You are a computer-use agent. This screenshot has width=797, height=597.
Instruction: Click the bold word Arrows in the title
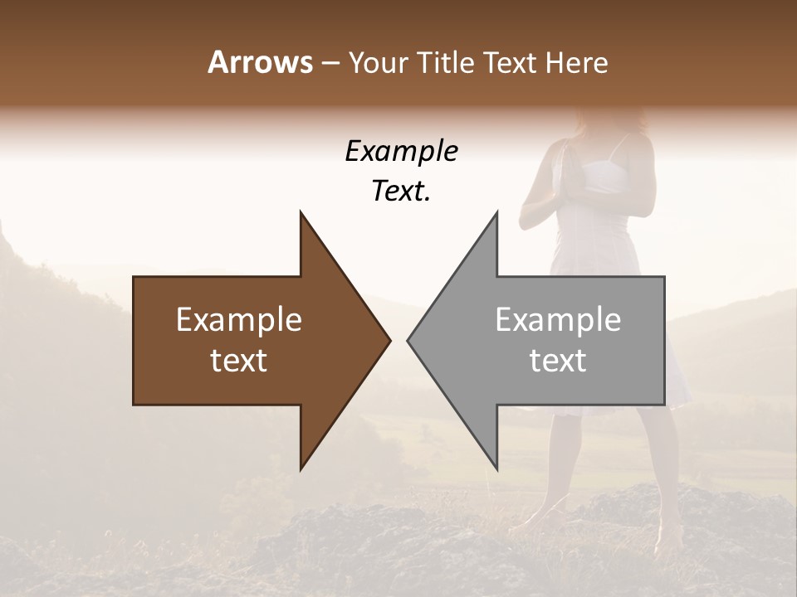click(x=259, y=62)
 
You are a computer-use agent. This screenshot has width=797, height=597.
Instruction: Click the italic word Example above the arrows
click(x=401, y=151)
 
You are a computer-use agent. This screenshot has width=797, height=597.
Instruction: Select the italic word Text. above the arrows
click(x=401, y=192)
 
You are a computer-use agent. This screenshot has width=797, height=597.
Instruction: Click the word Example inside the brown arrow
click(x=239, y=320)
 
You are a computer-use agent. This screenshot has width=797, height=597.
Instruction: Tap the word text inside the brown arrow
click(x=239, y=361)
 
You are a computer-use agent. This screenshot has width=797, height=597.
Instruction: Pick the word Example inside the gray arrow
click(x=558, y=320)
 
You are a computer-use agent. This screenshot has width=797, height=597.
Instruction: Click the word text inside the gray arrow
click(x=558, y=361)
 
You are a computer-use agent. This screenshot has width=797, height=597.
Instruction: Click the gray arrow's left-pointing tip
click(x=409, y=340)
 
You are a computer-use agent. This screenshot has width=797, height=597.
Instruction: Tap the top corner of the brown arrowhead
click(x=301, y=214)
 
